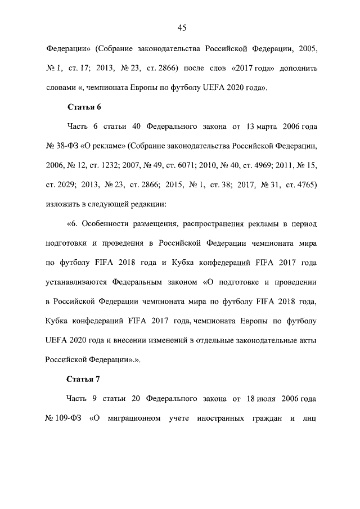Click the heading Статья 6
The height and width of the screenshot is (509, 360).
pos(84,107)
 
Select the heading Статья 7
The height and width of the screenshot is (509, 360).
pos(84,378)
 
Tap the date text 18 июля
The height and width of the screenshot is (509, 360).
pos(262,398)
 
